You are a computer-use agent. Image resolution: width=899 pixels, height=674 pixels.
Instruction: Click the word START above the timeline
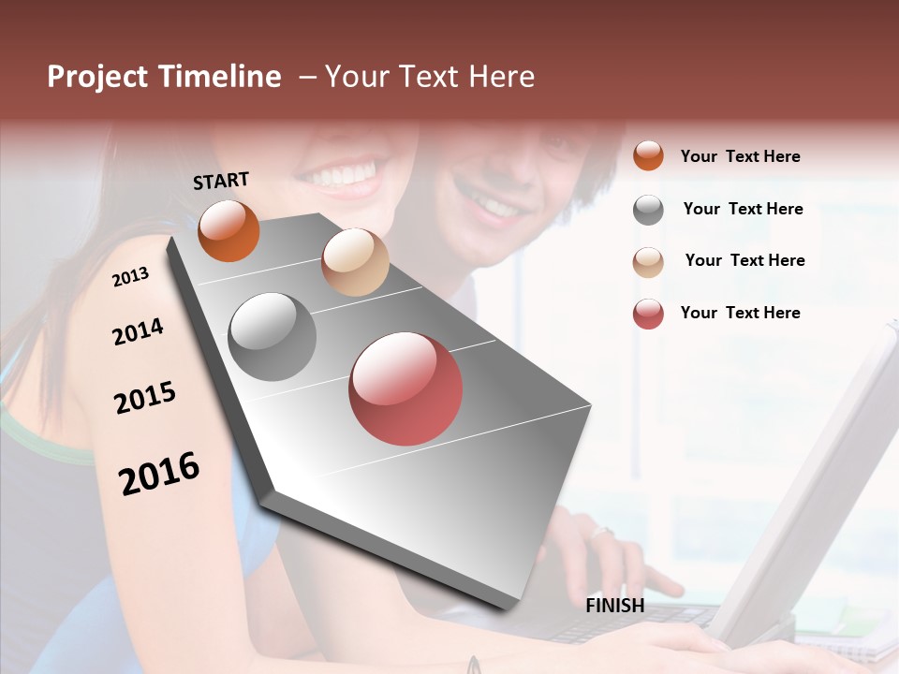click(x=221, y=181)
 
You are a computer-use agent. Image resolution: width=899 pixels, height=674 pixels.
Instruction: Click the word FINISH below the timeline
click(x=614, y=606)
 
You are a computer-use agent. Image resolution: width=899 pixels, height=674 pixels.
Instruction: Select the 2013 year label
click(x=130, y=276)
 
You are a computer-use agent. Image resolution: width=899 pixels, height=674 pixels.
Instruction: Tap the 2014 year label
click(x=138, y=331)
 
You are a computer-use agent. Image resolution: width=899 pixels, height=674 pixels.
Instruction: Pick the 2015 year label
click(x=145, y=398)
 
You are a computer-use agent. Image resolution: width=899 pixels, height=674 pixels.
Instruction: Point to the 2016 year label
click(x=159, y=473)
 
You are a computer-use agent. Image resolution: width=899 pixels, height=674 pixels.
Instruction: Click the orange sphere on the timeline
click(x=228, y=230)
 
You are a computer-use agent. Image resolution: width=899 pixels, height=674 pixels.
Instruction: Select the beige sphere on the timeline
click(x=355, y=262)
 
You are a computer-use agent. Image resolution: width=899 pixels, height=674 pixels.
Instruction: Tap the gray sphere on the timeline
click(x=273, y=337)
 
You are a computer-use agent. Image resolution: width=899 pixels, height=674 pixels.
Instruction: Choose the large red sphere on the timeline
click(x=405, y=388)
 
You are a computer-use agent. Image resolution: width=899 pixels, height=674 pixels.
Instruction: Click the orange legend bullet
click(x=648, y=155)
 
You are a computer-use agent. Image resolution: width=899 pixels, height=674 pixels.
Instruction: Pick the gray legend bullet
click(x=648, y=210)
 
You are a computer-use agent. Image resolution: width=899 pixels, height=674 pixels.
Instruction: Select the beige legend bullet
click(x=648, y=262)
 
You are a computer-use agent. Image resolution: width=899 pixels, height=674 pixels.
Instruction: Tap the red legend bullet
click(x=648, y=314)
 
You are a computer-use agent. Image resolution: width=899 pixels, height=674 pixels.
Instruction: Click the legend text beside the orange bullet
click(x=740, y=156)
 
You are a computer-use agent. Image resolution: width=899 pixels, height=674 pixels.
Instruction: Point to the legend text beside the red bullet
click(x=740, y=313)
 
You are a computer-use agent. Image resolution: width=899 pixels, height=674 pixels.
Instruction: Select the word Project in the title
click(x=97, y=77)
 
